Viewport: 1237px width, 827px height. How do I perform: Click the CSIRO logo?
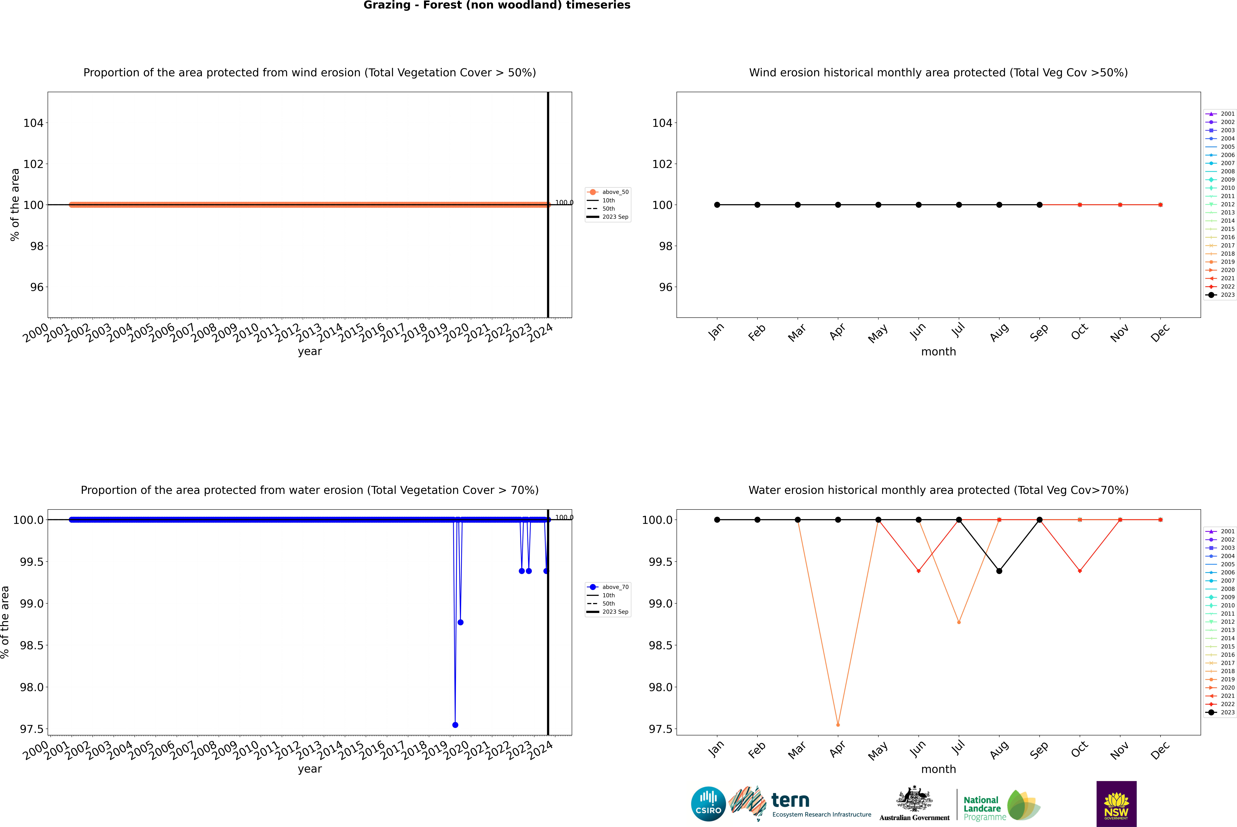pyautogui.click(x=708, y=804)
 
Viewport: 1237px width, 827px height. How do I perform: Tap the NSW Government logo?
pyautogui.click(x=1116, y=804)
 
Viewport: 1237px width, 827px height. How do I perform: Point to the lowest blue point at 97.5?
pyautogui.click(x=455, y=725)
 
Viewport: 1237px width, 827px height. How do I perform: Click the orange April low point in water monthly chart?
pyautogui.click(x=838, y=725)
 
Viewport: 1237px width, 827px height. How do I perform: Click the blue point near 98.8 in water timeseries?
pyautogui.click(x=460, y=622)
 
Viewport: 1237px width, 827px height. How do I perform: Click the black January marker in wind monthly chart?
pyautogui.click(x=717, y=205)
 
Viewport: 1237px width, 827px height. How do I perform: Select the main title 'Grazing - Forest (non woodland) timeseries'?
pyautogui.click(x=497, y=5)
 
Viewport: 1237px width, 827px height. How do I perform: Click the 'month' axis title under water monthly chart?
pyautogui.click(x=938, y=769)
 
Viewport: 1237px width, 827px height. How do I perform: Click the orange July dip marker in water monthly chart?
pyautogui.click(x=959, y=622)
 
